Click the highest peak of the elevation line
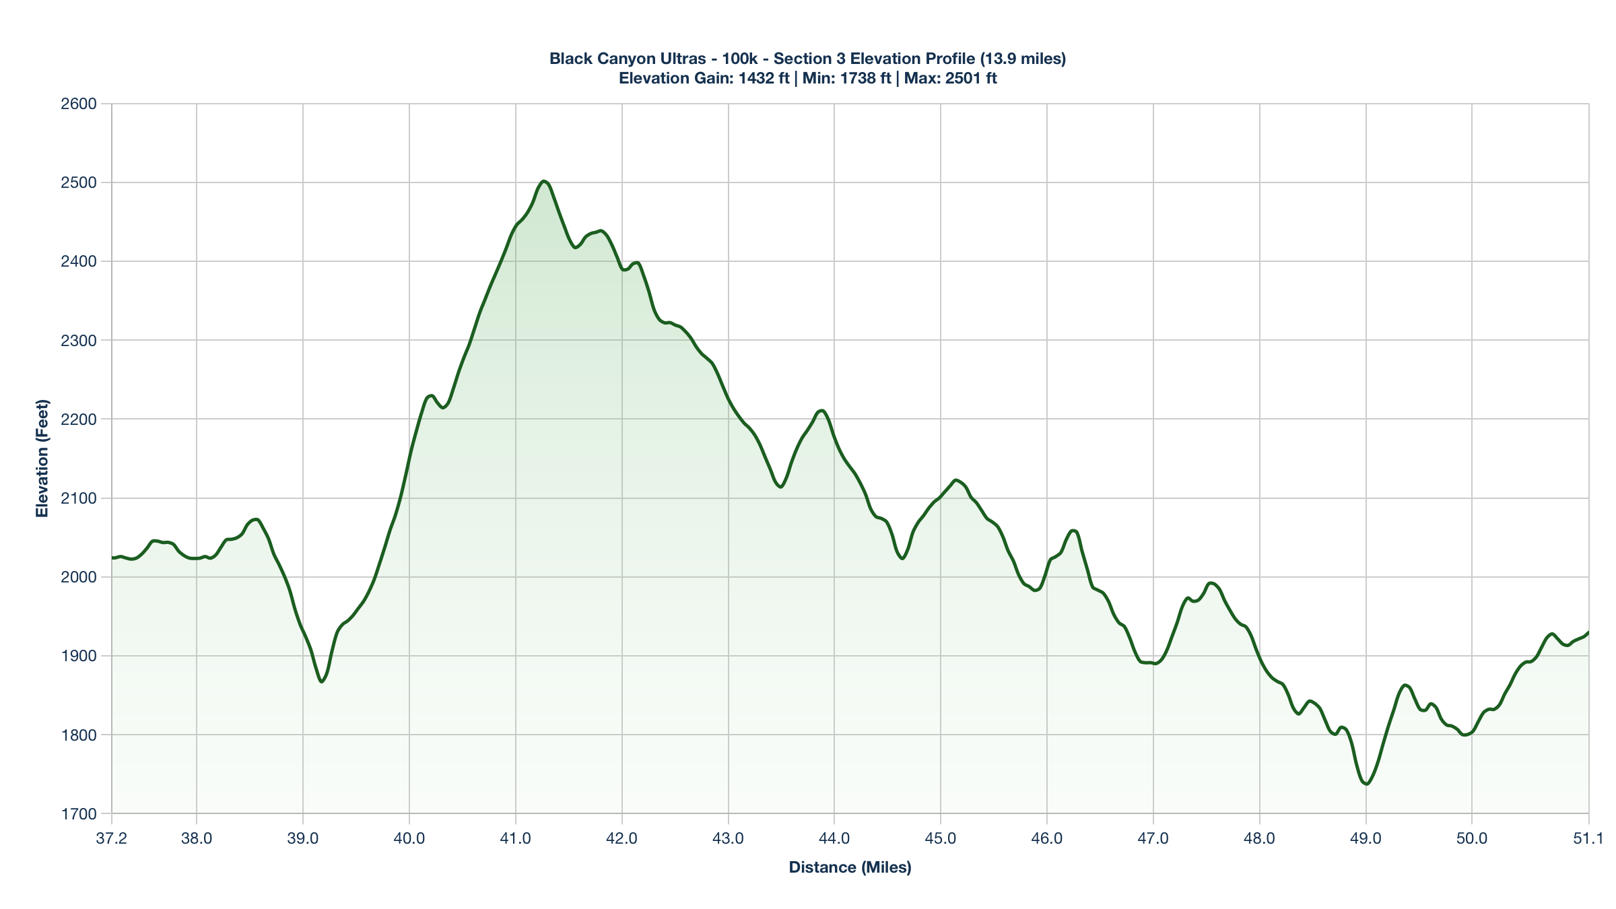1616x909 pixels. (x=544, y=181)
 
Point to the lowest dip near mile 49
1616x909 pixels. (x=1366, y=784)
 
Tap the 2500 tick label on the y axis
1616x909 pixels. (x=79, y=182)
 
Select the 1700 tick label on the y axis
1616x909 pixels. (x=79, y=814)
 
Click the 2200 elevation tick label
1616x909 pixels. (x=79, y=419)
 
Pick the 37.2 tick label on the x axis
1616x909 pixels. (x=112, y=839)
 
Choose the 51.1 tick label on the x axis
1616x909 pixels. (x=1588, y=839)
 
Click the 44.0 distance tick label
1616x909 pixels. (x=834, y=839)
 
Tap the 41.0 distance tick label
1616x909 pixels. (x=516, y=839)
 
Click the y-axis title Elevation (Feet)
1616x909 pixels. (x=42, y=459)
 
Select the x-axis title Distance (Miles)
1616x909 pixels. (x=850, y=867)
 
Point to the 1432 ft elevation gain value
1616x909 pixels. (x=764, y=78)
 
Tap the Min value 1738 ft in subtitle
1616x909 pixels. (x=865, y=78)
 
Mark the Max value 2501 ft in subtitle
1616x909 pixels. (x=970, y=78)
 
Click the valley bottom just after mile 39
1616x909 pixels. (x=322, y=681)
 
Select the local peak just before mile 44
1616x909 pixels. (x=821, y=410)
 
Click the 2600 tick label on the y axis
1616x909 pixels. (x=79, y=104)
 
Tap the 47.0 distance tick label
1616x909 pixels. (x=1153, y=839)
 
